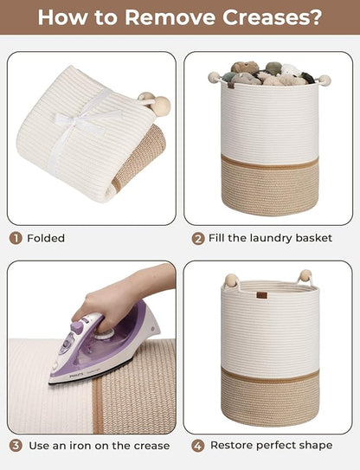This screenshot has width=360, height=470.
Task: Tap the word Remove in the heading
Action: [170, 17]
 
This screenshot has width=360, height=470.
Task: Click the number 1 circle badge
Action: [16, 239]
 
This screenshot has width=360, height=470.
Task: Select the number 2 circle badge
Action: [198, 239]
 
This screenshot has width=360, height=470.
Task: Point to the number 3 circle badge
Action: [16, 446]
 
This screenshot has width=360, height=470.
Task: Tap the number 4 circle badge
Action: [198, 446]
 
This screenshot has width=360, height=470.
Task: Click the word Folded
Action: [46, 238]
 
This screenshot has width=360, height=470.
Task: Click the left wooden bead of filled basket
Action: [215, 77]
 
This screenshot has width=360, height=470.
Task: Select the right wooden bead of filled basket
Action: [325, 80]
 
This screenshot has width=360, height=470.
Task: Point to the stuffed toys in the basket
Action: [268, 73]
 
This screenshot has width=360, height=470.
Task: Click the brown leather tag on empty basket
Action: [261, 295]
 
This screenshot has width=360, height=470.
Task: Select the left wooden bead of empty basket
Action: [231, 280]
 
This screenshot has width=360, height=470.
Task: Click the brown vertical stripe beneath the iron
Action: [98, 405]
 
